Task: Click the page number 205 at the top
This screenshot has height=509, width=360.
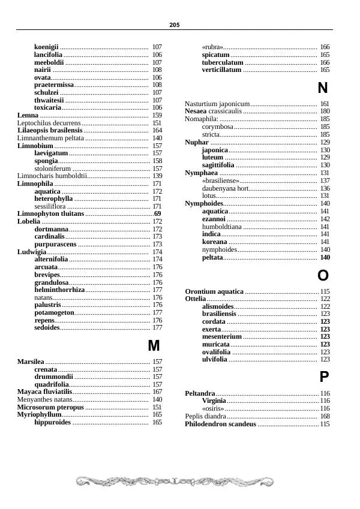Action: coord(175,25)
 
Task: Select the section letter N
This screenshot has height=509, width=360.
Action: coord(322,89)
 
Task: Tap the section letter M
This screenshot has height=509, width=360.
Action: coord(154,346)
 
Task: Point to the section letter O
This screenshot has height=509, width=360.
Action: coord(323,276)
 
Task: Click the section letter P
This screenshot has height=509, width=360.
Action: coord(323,377)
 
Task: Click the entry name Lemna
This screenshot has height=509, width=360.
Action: coord(28,115)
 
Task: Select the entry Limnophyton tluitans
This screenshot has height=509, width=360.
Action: coord(50,213)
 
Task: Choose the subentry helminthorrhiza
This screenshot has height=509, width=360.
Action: coord(59,290)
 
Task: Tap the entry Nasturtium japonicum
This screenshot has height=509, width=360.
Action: coord(217,104)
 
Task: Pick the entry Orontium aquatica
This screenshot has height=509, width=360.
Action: coord(214,291)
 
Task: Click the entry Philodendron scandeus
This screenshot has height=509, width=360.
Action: coord(220,424)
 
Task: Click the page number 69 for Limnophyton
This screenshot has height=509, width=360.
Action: coord(157,213)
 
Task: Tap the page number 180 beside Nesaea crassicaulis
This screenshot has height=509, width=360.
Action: coord(325,112)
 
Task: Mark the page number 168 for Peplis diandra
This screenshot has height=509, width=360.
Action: coord(325,416)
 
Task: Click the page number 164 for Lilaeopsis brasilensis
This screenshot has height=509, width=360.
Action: coord(157,130)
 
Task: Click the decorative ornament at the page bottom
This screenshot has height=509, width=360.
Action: coord(174,481)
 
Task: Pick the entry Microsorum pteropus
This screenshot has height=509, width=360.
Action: coord(50,407)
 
